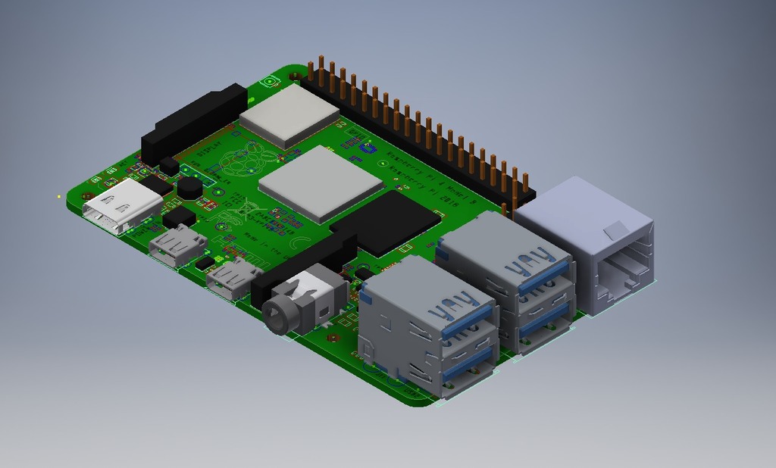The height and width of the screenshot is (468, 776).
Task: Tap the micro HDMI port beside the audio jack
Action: (231, 279)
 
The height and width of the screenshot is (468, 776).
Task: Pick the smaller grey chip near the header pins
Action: (289, 115)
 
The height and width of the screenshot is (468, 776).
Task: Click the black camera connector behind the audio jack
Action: (303, 261)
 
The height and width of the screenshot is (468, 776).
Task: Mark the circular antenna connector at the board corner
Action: (269, 82)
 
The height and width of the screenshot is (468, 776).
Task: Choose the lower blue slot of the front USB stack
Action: (468, 369)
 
